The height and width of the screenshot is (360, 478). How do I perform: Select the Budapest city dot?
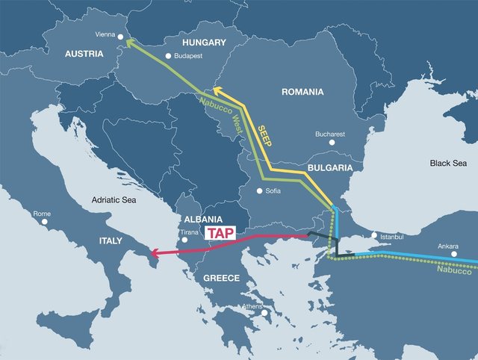[x=168, y=55]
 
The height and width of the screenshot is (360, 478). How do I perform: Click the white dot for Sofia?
[x=259, y=191]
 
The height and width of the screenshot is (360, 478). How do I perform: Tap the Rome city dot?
[x=45, y=222]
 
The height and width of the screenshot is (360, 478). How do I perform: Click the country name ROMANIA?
[x=302, y=93]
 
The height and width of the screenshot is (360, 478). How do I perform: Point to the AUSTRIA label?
[x=84, y=54]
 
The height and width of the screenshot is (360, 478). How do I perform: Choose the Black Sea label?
[x=447, y=163]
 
